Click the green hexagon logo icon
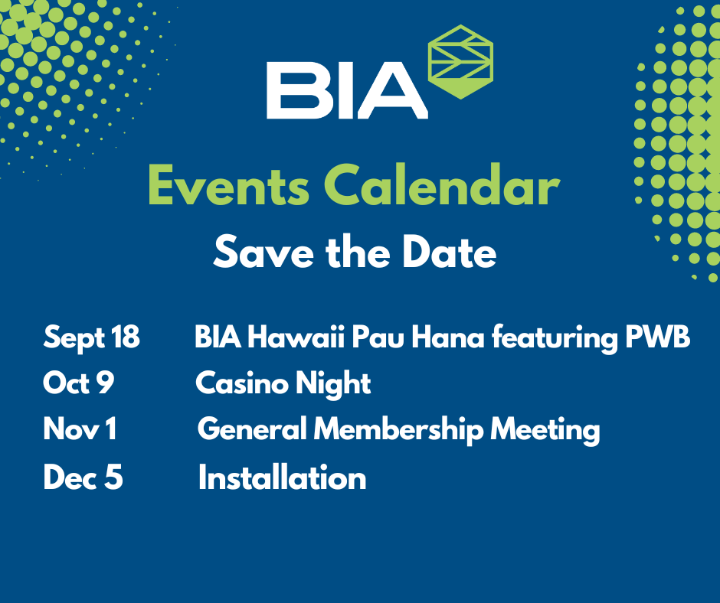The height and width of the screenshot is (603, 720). pos(460,62)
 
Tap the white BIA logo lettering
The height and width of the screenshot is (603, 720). pos(347,90)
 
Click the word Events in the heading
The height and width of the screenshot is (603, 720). pos(229,186)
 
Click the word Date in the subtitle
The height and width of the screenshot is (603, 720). pos(449,252)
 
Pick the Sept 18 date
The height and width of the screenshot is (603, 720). pos(91,337)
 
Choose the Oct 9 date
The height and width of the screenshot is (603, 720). pos(78,383)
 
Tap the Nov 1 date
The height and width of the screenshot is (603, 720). pos(80,429)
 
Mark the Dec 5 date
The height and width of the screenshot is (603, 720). pos(83,477)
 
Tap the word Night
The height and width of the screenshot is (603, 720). pos(333,383)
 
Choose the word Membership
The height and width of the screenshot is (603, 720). pos(398,430)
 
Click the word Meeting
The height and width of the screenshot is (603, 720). pos(545,431)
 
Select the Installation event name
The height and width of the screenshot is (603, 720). pos(283,477)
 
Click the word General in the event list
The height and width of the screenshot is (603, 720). pos(252,429)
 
